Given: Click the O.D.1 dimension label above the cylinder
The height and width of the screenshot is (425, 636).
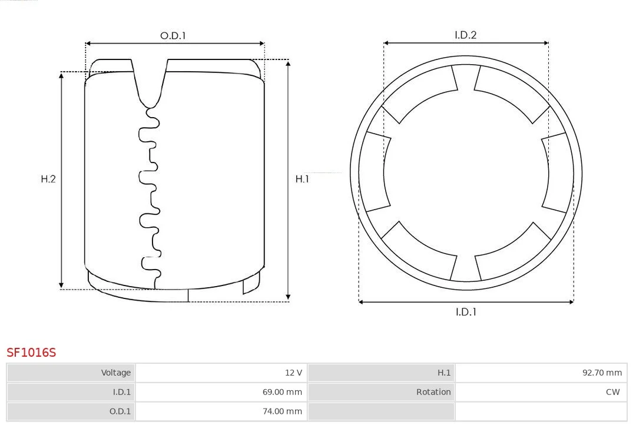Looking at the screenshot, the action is (173, 36).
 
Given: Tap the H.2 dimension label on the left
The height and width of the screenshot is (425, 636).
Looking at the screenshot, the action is (48, 179).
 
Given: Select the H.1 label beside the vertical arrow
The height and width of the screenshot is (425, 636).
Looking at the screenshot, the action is (302, 179).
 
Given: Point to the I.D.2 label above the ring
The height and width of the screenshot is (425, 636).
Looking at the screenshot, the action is (466, 35).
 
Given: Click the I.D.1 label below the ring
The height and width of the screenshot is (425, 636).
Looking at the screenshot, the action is (466, 312).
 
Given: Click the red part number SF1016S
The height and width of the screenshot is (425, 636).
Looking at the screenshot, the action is (31, 353).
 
